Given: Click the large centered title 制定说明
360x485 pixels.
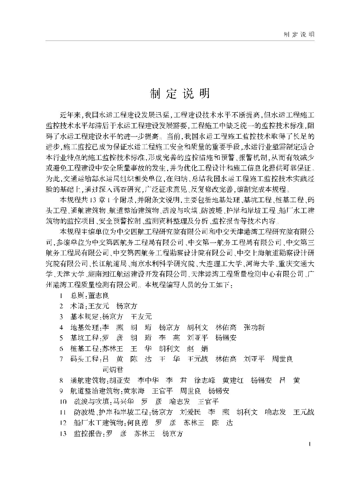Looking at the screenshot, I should (x=180, y=94).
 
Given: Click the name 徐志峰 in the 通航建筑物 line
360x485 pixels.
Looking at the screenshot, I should (x=205, y=380).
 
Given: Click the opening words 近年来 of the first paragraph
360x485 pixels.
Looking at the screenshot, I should (x=70, y=115).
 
